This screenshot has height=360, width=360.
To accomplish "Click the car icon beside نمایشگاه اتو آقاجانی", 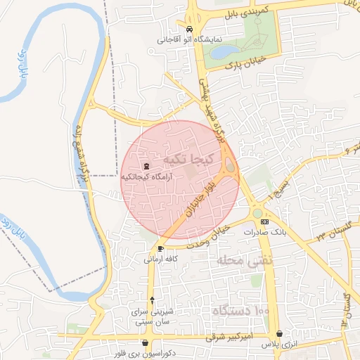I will [188, 30].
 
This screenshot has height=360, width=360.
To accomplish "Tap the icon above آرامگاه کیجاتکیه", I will [146, 166].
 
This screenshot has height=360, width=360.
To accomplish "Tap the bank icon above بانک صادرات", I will [264, 221].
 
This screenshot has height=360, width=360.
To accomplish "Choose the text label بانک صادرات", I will [264, 231].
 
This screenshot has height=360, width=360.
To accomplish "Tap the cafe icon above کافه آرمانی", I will [161, 249].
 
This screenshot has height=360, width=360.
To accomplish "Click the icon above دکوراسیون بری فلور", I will [146, 343].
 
